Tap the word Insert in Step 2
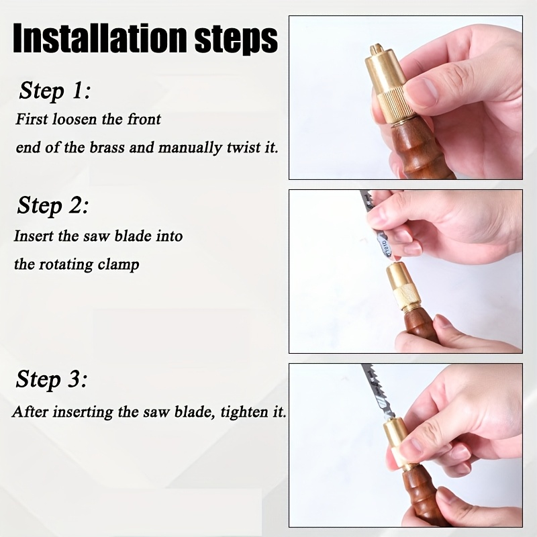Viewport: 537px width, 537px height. click(x=34, y=236)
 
